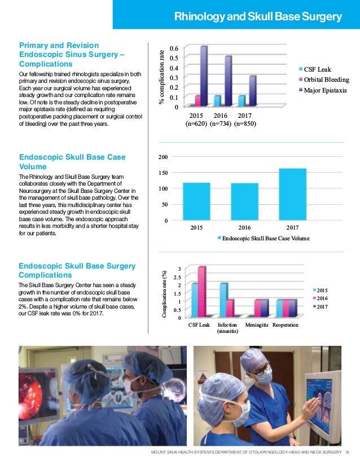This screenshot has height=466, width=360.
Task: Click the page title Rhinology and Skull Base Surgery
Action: pos(258,17)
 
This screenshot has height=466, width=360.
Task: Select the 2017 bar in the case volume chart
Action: pos(292,195)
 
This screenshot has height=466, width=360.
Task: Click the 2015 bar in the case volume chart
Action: pos(196,201)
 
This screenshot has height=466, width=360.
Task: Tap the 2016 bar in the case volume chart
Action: pos(245,202)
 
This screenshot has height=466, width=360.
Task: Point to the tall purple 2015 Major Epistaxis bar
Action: pos(204,76)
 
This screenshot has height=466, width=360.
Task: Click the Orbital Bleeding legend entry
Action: pos(324,80)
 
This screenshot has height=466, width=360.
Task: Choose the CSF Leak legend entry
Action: pos(315,69)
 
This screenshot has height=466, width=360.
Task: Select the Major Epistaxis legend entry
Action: pos(323,90)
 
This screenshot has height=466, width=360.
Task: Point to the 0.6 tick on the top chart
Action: pos(174,48)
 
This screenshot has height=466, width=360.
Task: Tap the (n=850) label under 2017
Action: pos(245,124)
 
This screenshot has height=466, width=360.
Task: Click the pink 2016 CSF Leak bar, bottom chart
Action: pos(202,292)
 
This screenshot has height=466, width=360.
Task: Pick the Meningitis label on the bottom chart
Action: pos(257,325)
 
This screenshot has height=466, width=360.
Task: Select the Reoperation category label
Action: pos(286,325)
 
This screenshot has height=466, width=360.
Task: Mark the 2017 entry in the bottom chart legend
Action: pos(321,307)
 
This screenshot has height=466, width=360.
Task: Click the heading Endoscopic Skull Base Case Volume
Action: pos(72,162)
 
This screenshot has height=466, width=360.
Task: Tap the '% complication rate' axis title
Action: pos(161,77)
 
